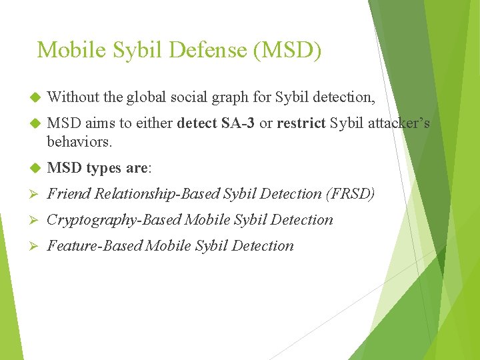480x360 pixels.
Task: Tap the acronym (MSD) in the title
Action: (289, 50)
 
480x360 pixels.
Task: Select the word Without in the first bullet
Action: (73, 97)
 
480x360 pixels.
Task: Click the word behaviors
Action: (79, 141)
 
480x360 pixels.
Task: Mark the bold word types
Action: (103, 168)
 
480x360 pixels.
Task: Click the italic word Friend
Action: (69, 194)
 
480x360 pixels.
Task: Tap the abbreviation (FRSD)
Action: (350, 194)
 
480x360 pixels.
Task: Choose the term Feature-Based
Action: (94, 246)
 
